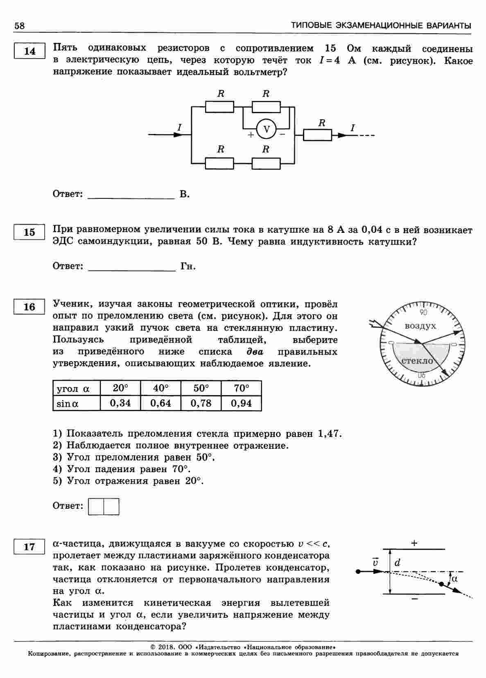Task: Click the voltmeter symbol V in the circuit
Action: point(267,130)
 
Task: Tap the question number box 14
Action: point(29,51)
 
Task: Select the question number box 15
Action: point(29,232)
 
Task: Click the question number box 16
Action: point(29,307)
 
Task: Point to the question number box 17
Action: point(29,547)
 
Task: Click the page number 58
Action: point(20,26)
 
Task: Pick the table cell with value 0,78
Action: point(201,403)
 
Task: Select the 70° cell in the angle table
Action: point(241,388)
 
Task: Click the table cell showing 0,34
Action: point(120,403)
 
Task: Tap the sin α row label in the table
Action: point(68,403)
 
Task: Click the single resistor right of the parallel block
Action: point(317,135)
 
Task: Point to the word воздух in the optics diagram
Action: point(420,326)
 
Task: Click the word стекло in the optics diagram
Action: point(417,361)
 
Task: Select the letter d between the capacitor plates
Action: point(397,563)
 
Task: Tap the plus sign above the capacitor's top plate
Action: point(414,543)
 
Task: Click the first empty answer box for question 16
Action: point(96,506)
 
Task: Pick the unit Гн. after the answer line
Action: point(188,266)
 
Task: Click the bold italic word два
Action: point(255,352)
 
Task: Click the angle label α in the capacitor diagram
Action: point(454,579)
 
